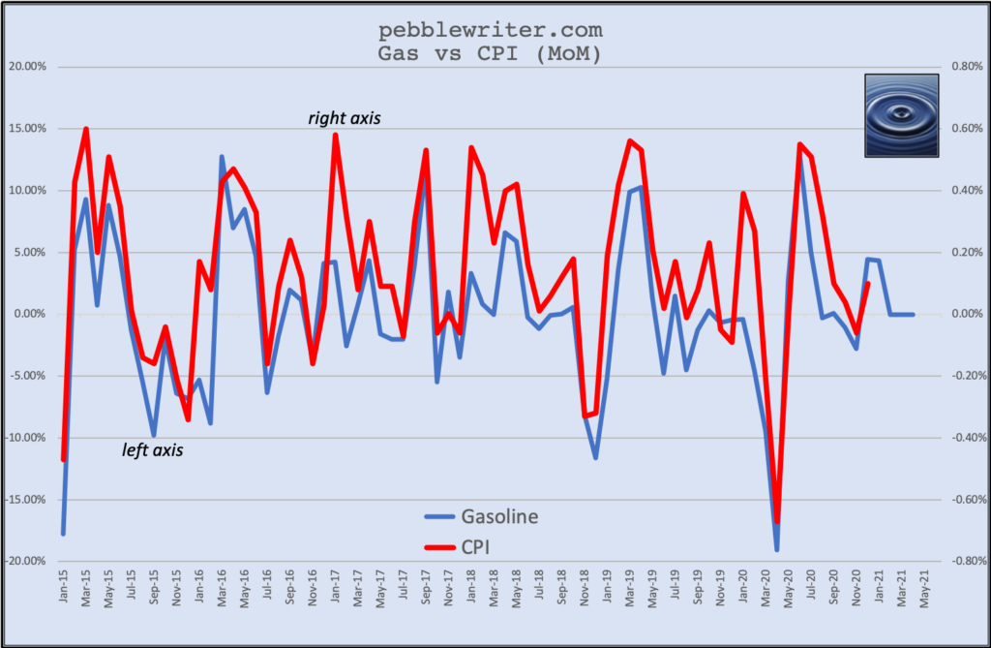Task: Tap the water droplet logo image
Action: click(901, 115)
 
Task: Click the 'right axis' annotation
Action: click(345, 119)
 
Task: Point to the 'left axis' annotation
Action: click(153, 450)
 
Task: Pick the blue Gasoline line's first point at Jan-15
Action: click(64, 534)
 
